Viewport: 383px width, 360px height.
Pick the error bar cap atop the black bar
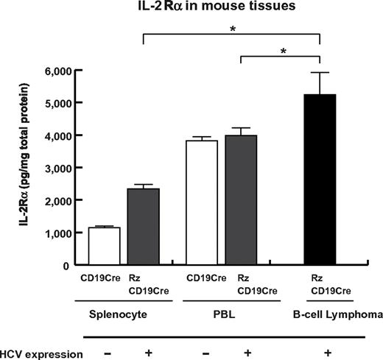[x=320, y=72]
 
